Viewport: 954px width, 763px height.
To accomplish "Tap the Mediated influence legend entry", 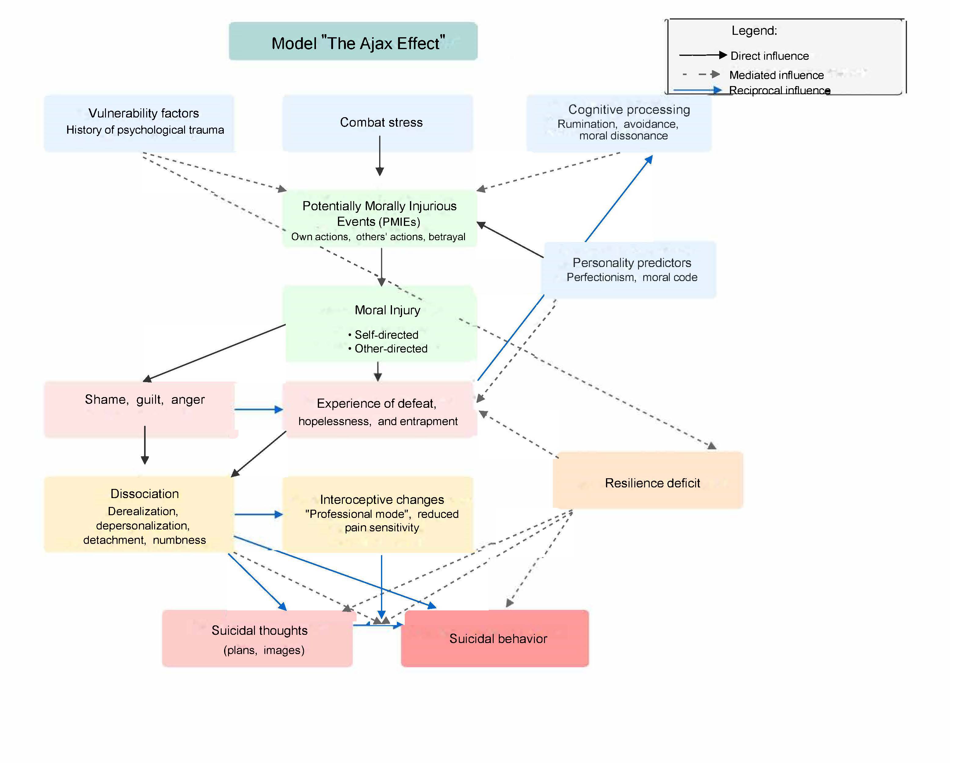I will (776, 75).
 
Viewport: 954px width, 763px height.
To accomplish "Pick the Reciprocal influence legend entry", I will (779, 90).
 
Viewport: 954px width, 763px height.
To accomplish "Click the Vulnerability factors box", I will (139, 123).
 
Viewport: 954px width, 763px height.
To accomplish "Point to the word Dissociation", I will (145, 493).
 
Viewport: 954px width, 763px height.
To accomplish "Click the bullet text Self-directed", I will (386, 334).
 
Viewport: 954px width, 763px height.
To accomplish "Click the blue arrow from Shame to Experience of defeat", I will (258, 409).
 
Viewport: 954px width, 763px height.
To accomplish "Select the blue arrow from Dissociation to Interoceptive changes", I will (258, 514).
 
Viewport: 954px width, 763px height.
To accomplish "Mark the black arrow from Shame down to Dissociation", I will (145, 445).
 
